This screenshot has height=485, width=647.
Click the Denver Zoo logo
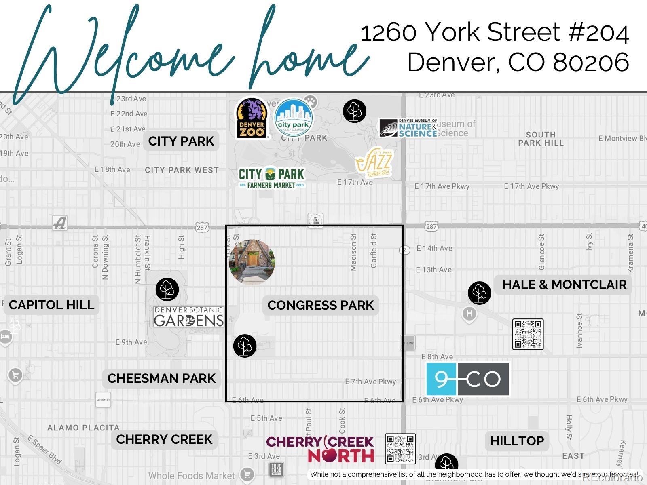click(252, 118)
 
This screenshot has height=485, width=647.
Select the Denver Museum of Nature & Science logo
click(408, 128)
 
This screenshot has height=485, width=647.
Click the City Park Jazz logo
click(374, 162)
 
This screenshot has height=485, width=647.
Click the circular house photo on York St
click(252, 262)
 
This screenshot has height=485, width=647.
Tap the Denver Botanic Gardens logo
click(188, 316)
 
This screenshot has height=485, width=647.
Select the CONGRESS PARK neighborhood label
click(321, 305)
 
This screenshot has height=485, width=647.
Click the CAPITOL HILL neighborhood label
click(51, 305)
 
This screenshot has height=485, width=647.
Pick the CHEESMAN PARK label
click(161, 378)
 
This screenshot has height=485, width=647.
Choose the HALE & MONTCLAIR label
click(564, 285)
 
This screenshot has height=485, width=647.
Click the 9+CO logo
click(468, 379)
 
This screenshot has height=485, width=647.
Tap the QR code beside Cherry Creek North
click(400, 449)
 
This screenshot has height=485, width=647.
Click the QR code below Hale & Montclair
click(528, 334)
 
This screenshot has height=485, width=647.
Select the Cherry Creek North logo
click(320, 449)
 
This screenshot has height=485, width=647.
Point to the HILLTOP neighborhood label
click(517, 441)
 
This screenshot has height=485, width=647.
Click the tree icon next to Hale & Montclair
click(479, 293)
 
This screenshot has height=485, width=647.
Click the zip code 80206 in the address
click(591, 63)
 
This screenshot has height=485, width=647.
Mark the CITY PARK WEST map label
click(182, 170)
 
